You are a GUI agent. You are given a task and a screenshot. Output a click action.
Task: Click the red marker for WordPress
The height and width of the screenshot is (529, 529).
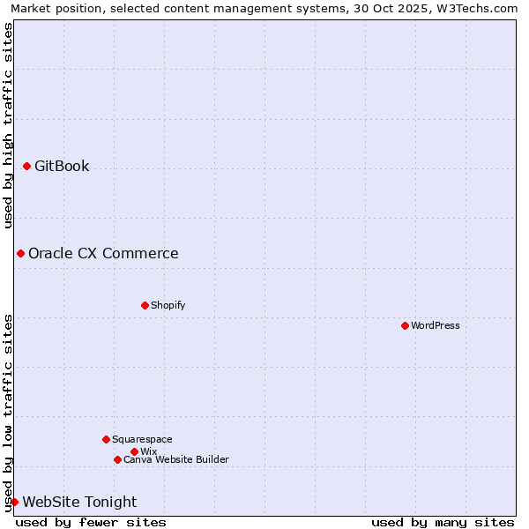pyautogui.click(x=405, y=325)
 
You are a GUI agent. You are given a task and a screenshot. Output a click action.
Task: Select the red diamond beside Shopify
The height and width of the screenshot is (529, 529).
pyautogui.click(x=145, y=305)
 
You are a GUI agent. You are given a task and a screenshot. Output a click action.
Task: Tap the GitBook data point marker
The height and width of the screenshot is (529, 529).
pyautogui.click(x=26, y=166)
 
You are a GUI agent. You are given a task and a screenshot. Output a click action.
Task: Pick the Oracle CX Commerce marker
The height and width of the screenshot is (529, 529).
pyautogui.click(x=20, y=253)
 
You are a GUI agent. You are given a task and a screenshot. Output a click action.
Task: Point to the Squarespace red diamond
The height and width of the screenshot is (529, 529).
pyautogui.click(x=106, y=439)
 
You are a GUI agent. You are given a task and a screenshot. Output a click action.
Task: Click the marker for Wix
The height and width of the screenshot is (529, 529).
pyautogui.click(x=134, y=451)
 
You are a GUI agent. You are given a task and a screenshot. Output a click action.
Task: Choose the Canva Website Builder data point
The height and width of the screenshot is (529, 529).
pyautogui.click(x=117, y=459)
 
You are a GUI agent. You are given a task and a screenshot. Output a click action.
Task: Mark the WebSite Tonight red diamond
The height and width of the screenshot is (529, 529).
pyautogui.click(x=14, y=502)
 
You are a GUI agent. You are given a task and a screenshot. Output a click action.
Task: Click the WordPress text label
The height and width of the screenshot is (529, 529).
pyautogui.click(x=436, y=325)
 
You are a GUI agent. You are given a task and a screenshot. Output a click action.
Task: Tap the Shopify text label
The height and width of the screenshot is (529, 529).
pyautogui.click(x=168, y=305)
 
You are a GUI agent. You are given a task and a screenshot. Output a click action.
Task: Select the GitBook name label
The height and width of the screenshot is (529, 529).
pyautogui.click(x=62, y=166)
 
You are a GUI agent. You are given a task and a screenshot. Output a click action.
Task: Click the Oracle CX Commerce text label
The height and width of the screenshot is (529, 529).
pyautogui.click(x=103, y=253)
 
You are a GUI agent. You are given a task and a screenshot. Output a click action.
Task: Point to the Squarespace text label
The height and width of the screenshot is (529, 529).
pyautogui.click(x=142, y=439)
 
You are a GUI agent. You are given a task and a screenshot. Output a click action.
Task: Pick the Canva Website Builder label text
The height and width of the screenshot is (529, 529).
pyautogui.click(x=175, y=459)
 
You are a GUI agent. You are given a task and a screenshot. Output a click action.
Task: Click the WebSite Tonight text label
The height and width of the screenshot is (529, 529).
pyautogui.click(x=79, y=502)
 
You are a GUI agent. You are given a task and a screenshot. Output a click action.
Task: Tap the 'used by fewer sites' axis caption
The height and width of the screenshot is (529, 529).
pyautogui.click(x=91, y=522)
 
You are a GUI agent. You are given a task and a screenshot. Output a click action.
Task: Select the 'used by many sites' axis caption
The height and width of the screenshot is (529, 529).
pyautogui.click(x=443, y=522)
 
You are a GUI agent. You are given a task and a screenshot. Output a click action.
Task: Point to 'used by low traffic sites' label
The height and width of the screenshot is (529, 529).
pyautogui.click(x=8, y=412)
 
